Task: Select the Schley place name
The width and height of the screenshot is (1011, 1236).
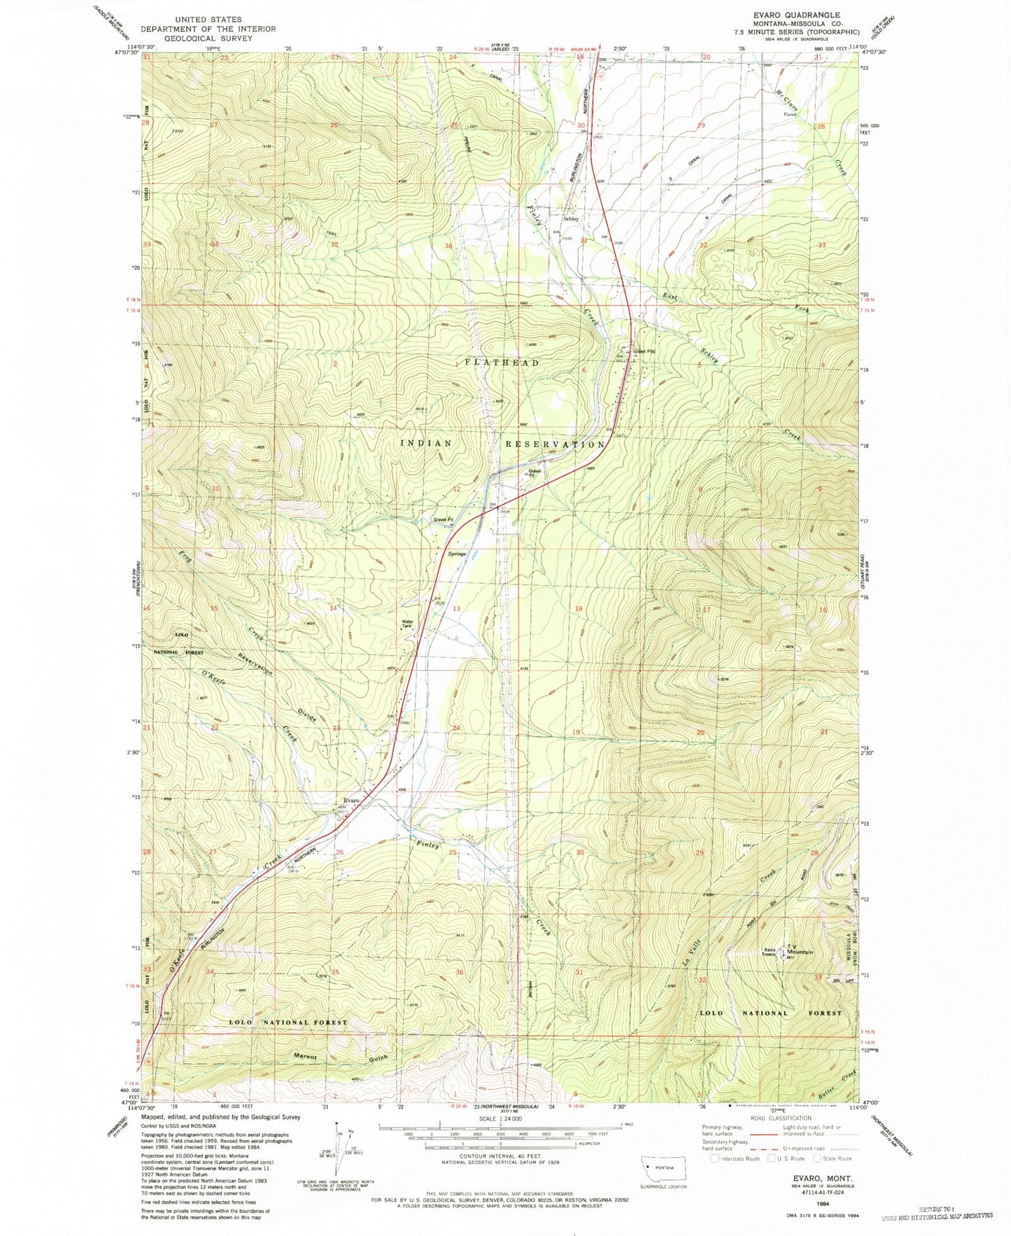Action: tap(571, 219)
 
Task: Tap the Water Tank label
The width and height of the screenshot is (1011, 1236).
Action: tap(408, 624)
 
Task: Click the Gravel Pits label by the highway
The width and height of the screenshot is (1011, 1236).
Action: tap(644, 351)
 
